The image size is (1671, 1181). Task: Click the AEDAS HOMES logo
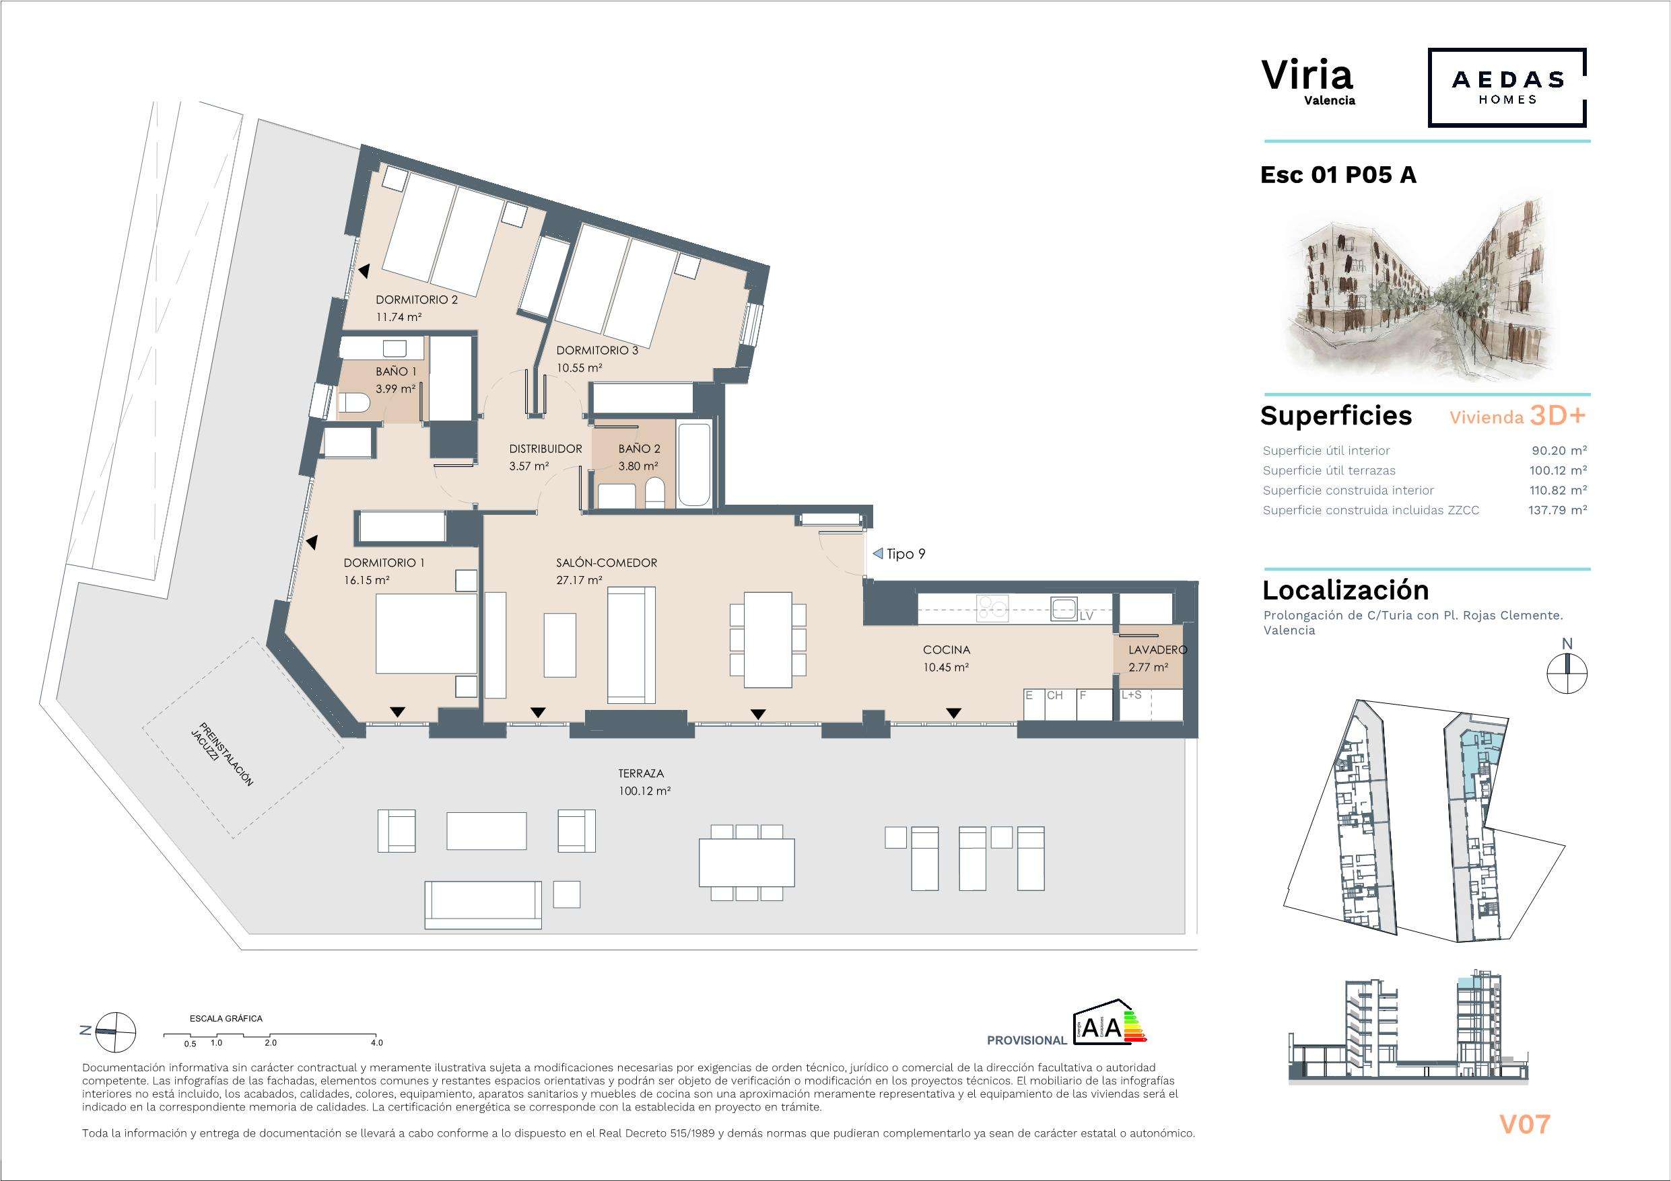coord(1507,87)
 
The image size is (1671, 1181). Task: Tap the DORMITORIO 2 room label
coord(416,300)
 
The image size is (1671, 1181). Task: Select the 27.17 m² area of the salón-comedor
coord(578,581)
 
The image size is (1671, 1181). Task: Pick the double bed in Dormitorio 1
coord(426,633)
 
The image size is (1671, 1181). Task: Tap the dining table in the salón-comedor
coord(768,639)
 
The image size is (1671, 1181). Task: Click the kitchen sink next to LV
coord(1063,609)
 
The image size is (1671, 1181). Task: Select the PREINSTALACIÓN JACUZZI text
coord(226,754)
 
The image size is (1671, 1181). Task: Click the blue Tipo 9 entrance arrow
coord(878,554)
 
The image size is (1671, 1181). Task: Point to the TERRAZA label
coord(641,773)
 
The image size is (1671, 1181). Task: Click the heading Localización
coord(1346,589)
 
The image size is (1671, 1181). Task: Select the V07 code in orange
coord(1525,1124)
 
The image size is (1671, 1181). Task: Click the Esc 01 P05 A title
coord(1338,176)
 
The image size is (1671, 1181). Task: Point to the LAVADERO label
coord(1158,650)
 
